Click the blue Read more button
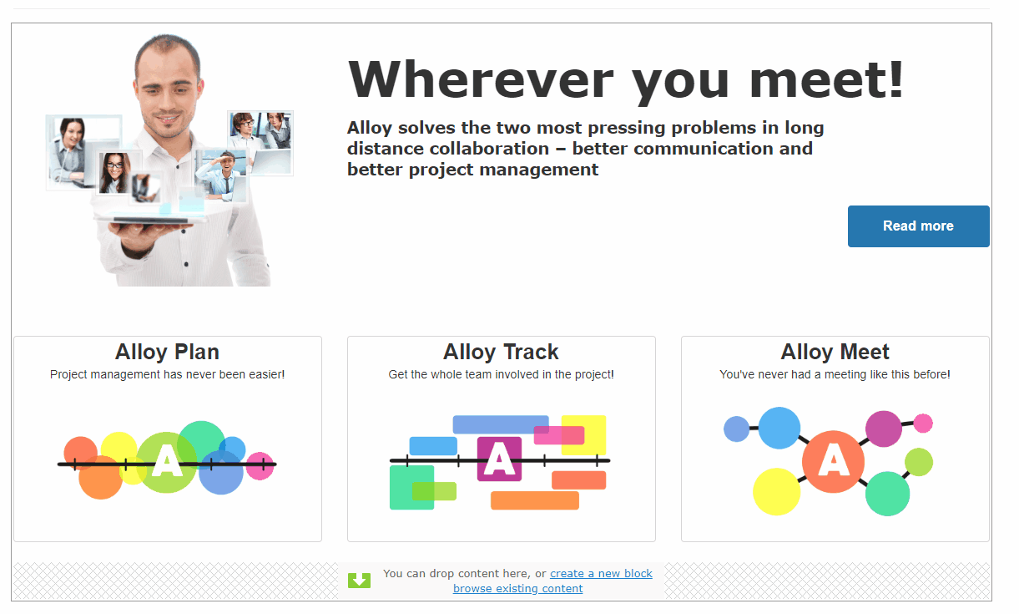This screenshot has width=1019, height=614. [x=918, y=226]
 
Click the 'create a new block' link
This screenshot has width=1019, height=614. [x=601, y=573]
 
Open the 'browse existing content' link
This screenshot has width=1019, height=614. [x=517, y=588]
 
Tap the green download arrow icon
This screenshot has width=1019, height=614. [x=359, y=581]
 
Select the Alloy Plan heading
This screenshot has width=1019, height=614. [x=168, y=352]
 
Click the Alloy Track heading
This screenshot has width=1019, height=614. [x=501, y=352]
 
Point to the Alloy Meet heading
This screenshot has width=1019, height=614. [x=835, y=352]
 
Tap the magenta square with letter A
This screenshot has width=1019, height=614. [x=499, y=459]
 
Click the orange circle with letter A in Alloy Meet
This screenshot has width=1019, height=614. [x=833, y=461]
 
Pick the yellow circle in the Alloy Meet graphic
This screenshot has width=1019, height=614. [x=776, y=491]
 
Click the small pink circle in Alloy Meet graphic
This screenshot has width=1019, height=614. [x=923, y=424]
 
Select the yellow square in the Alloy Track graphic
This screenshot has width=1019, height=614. [x=583, y=435]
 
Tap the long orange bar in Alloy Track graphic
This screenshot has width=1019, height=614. [x=535, y=500]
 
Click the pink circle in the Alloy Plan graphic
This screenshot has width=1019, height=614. [x=260, y=466]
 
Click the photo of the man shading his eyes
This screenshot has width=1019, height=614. [x=221, y=175]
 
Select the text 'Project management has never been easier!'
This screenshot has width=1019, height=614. [x=168, y=374]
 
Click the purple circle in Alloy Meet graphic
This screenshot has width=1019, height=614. [x=884, y=429]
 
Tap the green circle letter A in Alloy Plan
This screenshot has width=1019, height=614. [x=167, y=462]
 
